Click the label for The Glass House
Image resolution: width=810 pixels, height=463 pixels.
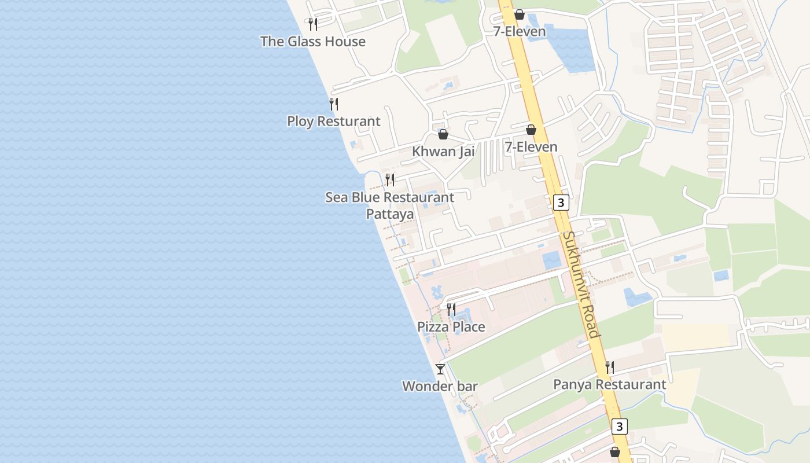coord(312,42)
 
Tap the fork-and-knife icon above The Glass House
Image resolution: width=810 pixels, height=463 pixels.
coord(312,24)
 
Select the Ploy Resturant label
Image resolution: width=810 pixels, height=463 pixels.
coord(334,122)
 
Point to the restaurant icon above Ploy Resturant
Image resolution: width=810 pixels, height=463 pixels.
coord(334,104)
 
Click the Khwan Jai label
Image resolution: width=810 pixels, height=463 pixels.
coord(443,152)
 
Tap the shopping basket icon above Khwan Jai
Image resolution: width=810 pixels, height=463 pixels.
coord(443,134)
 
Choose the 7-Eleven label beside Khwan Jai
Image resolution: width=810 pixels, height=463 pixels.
coord(531,147)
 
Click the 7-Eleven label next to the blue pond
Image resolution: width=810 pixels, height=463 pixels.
coord(520,31)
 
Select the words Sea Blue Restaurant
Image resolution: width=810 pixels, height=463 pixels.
coord(390,197)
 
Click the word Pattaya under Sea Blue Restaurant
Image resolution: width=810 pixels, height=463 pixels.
coord(390,214)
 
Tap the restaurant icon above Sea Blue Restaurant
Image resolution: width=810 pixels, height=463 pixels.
coord(390,180)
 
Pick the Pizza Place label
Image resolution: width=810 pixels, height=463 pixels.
coord(451,327)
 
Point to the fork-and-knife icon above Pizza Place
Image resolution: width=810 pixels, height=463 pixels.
coord(451,310)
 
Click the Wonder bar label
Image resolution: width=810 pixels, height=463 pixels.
coord(440,386)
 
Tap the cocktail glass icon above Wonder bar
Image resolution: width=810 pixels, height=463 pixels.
coord(440,369)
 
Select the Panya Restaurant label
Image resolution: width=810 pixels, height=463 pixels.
coord(609,384)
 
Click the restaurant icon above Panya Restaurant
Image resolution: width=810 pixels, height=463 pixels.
coord(609,367)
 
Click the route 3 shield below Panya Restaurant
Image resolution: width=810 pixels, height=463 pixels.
coord(619,427)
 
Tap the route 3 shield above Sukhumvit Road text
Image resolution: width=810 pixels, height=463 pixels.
coord(561,203)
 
